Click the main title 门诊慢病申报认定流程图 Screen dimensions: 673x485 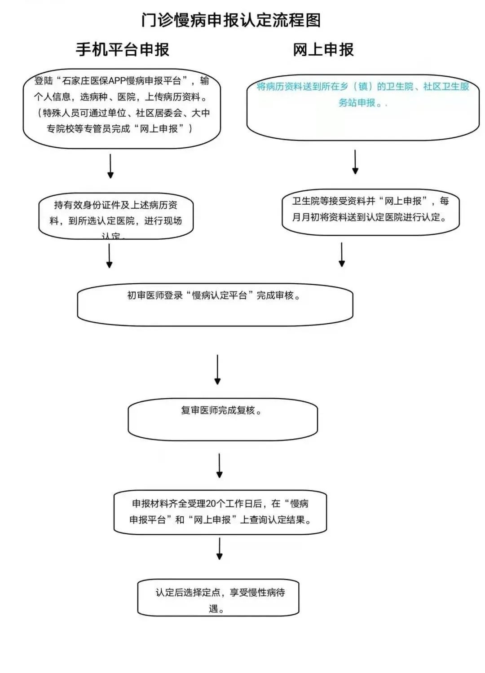pyautogui.click(x=231, y=20)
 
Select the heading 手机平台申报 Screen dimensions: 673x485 pyautogui.click(x=122, y=49)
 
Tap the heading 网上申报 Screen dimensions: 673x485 pyautogui.click(x=323, y=49)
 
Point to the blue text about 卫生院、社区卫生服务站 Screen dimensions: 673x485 pyautogui.click(x=362, y=94)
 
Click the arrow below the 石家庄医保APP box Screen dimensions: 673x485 pyautogui.click(x=110, y=166)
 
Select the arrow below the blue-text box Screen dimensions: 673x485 pyautogui.click(x=355, y=162)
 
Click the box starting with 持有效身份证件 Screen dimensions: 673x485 pyautogui.click(x=116, y=216)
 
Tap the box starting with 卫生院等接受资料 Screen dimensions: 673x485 pyautogui.click(x=370, y=209)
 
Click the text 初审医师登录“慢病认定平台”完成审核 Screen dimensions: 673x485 pyautogui.click(x=214, y=295)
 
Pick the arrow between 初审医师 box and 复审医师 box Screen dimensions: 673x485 pyautogui.click(x=217, y=369)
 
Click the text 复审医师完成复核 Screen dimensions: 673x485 pyautogui.click(x=221, y=410)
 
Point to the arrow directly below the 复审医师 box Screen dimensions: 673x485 pyautogui.click(x=220, y=466)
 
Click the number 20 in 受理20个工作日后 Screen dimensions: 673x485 pyautogui.click(x=211, y=504)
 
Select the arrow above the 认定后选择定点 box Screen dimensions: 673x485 pyautogui.click(x=220, y=549)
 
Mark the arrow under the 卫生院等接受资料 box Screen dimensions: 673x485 pyautogui.click(x=342, y=255)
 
